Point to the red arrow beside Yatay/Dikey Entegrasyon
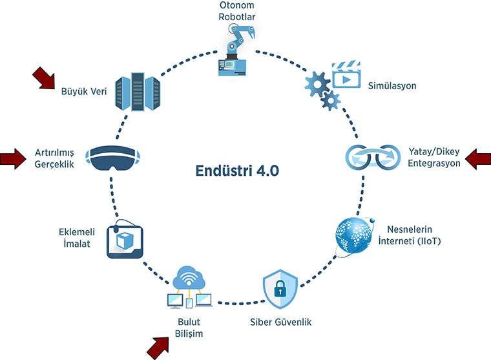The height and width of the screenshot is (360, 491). click(477, 158)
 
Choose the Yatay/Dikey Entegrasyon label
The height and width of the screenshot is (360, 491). click(435, 158)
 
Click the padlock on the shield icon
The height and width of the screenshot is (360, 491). click(280, 290)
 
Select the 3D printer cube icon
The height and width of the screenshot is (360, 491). click(125, 240)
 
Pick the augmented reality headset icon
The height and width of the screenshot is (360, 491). click(114, 158)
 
